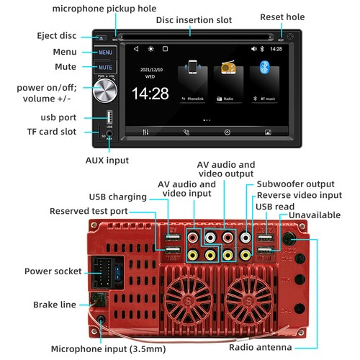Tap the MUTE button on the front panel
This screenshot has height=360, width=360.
click(105, 67)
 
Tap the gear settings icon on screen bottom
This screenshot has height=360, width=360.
click(228, 132)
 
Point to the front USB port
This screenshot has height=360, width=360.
click(109, 117)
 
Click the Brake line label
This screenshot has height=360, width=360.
click(54, 305)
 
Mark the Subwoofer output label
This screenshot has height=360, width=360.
click(296, 184)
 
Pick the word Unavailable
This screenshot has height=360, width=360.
click(318, 216)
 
